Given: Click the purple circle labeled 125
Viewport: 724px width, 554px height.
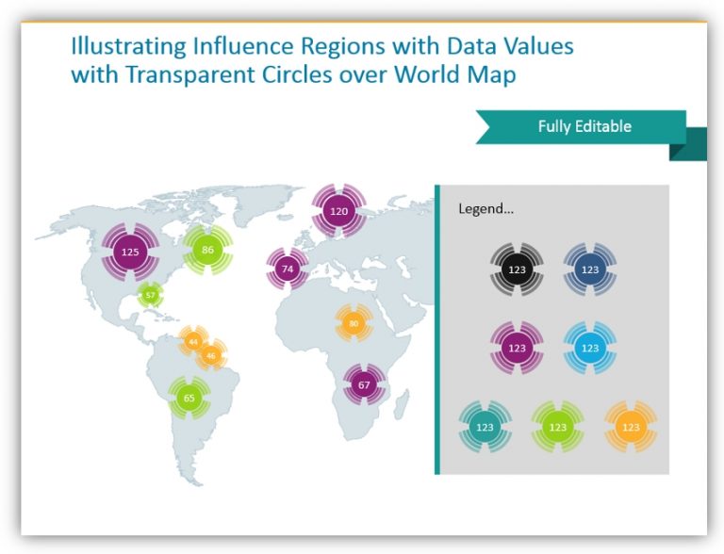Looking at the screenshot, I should (130, 252).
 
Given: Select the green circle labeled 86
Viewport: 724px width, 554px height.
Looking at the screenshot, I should (207, 250).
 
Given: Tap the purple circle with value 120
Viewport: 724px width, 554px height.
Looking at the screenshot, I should (338, 211).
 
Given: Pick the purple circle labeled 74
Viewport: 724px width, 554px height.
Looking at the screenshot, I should (288, 269).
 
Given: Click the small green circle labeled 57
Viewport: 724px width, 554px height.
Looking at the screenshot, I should (150, 296).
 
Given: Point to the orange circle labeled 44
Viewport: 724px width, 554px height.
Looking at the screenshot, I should (192, 340).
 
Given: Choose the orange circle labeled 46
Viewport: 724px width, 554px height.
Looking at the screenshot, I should (210, 355).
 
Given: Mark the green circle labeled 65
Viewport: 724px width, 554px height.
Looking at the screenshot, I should (189, 398).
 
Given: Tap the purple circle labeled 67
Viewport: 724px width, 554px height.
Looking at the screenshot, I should (363, 384).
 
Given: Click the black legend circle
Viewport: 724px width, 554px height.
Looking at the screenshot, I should (517, 270).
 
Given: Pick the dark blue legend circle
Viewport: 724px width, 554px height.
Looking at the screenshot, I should (589, 270).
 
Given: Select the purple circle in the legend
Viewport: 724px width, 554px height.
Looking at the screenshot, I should (517, 348).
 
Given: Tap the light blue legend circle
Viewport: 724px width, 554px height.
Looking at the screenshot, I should (589, 348).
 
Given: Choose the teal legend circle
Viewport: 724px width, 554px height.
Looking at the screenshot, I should (485, 427).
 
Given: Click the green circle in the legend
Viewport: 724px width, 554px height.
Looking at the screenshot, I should (557, 427).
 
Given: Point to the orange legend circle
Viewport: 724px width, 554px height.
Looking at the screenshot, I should (631, 427).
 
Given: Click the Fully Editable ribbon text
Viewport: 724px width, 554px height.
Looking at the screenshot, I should (584, 126).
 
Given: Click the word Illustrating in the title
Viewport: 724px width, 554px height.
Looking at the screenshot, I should (117, 46).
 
